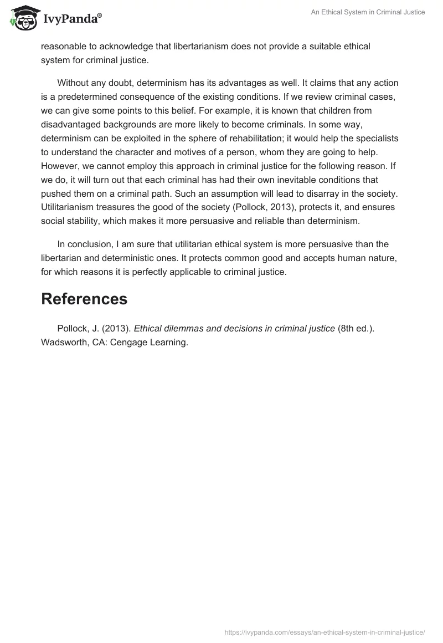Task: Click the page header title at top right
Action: tap(367, 12)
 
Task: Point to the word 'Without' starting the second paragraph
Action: tap(73, 83)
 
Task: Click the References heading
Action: tap(84, 299)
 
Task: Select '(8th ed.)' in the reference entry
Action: tap(356, 329)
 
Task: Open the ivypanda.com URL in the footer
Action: tap(324, 632)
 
